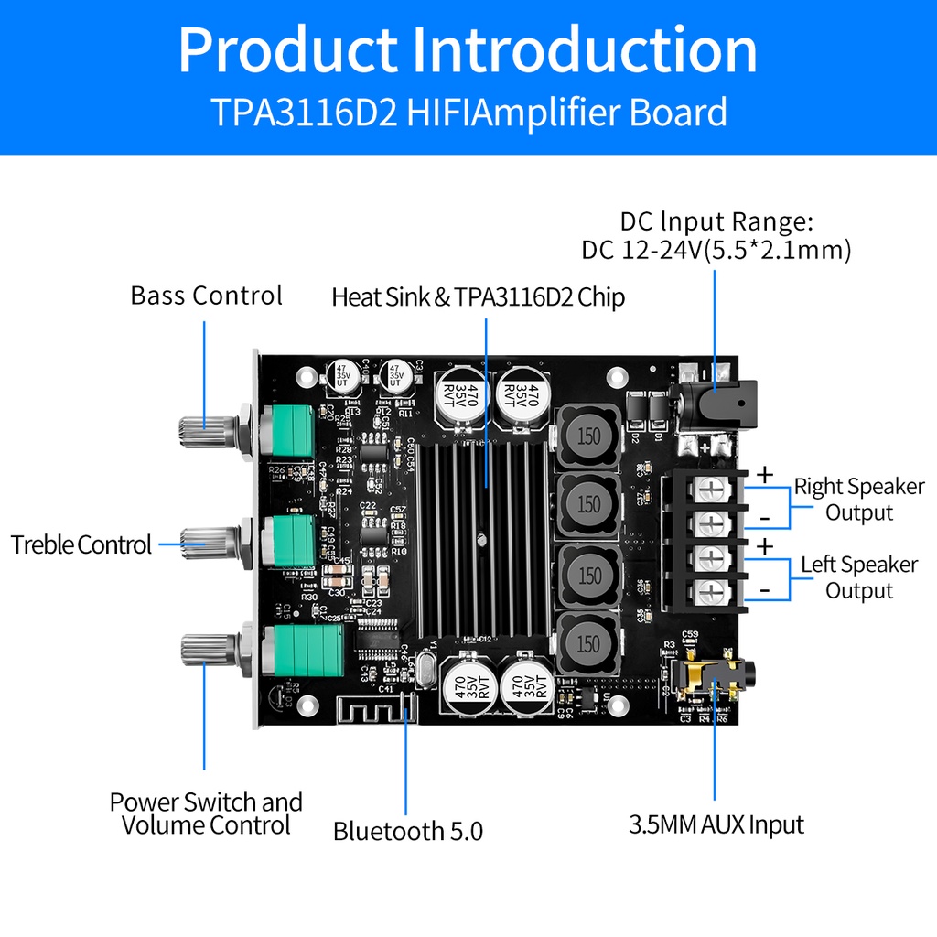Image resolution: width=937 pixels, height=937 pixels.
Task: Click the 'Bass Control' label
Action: (x=206, y=296)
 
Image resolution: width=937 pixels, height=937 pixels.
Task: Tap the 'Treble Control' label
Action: (x=81, y=545)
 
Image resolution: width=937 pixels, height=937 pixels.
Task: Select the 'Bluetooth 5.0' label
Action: (x=407, y=831)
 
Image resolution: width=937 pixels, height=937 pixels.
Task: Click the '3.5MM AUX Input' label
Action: (x=716, y=824)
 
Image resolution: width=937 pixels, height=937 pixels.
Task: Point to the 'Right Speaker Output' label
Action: (x=858, y=499)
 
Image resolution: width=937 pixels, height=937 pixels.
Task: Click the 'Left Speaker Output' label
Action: (x=858, y=577)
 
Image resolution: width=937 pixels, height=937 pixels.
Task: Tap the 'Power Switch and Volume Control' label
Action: (x=206, y=813)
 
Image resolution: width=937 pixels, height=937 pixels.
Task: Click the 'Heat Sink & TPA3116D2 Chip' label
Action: (x=478, y=297)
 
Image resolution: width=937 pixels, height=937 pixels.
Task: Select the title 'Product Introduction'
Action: (x=468, y=50)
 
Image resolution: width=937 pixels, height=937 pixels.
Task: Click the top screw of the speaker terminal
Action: (x=711, y=489)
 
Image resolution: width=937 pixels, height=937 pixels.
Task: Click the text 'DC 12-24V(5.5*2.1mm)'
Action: (x=716, y=249)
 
